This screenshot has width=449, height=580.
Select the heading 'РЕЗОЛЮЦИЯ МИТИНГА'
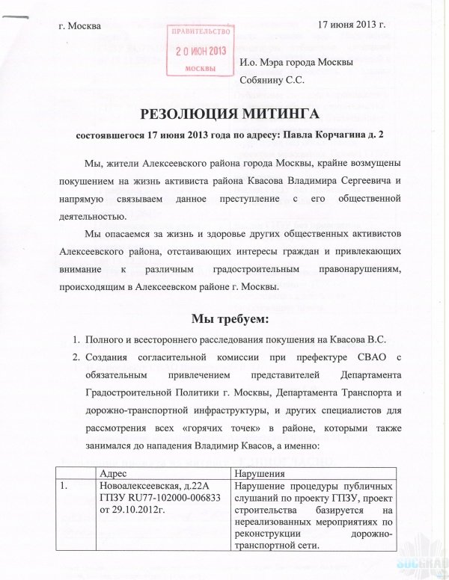224,114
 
